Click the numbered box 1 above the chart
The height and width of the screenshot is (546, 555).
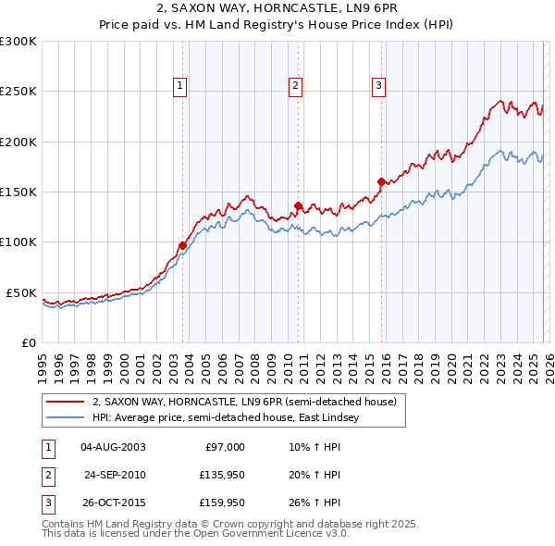point(179,86)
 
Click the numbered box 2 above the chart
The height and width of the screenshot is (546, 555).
point(295,86)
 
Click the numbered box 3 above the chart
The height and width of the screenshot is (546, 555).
point(379,86)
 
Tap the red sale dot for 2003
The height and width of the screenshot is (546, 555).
point(182,245)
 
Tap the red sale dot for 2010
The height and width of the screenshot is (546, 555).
point(298,205)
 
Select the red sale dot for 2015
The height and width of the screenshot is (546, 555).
point(381,181)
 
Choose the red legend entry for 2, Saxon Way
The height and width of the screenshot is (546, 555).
point(244,402)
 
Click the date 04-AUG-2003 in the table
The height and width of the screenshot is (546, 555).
point(113,447)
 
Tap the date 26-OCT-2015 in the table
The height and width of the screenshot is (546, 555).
point(113,503)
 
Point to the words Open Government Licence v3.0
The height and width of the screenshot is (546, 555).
point(268,534)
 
